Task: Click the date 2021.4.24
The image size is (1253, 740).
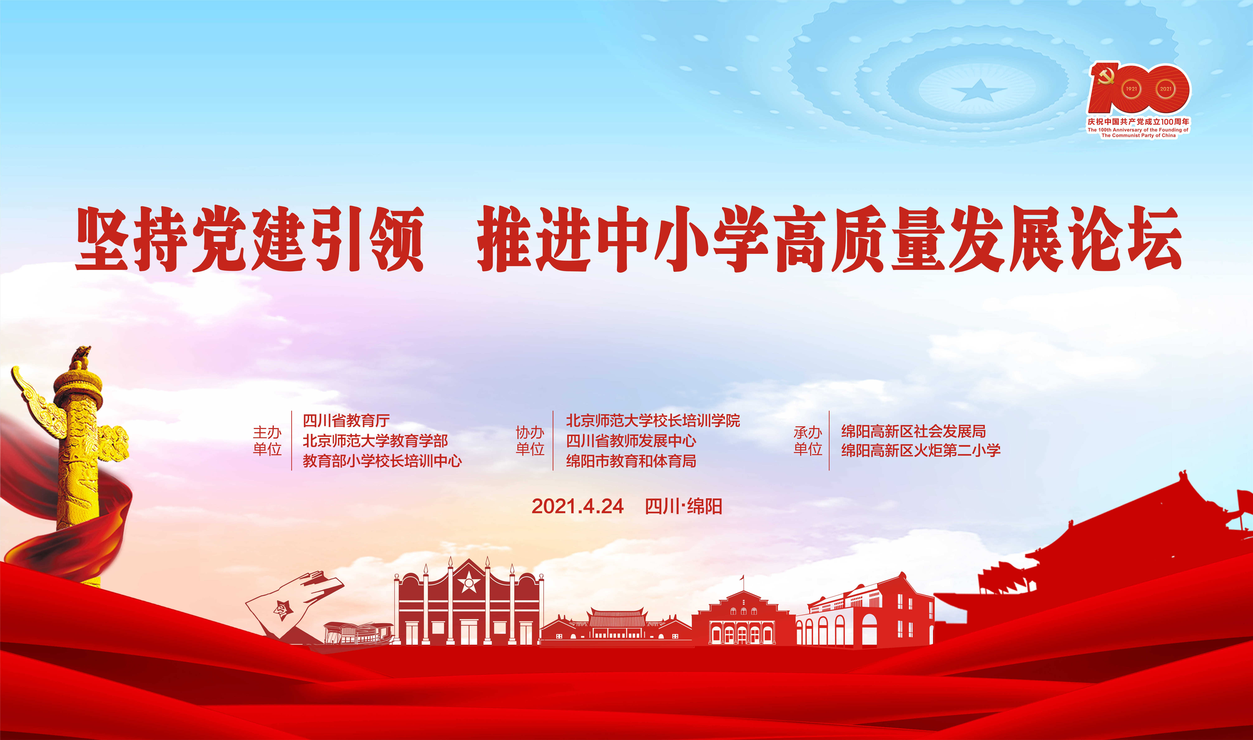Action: click(x=577, y=506)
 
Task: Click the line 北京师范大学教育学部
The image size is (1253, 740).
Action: click(x=375, y=441)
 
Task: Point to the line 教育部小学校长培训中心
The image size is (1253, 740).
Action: click(x=382, y=461)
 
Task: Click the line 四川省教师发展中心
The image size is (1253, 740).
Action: click(x=631, y=441)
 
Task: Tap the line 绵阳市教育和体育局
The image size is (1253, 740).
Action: click(x=631, y=461)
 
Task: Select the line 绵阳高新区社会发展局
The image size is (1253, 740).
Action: click(x=913, y=431)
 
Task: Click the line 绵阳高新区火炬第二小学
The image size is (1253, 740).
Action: click(x=921, y=450)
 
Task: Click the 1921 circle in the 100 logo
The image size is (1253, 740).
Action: click(x=1131, y=89)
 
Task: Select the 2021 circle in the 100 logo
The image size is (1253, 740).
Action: click(x=1165, y=89)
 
